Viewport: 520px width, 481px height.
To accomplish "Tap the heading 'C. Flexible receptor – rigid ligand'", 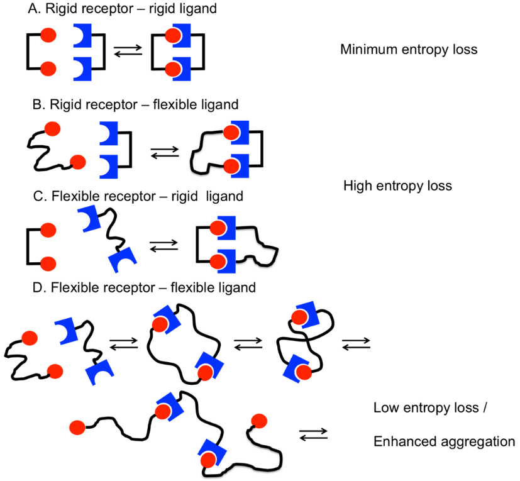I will coord(136,197).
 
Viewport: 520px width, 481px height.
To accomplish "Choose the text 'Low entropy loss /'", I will coord(431,407).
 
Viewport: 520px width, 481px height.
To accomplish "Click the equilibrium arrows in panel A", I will coord(128,53).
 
